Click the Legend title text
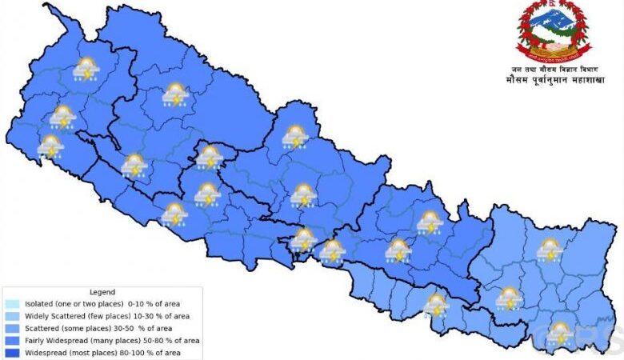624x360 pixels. pyautogui.click(x=102, y=293)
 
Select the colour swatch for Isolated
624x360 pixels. pyautogui.click(x=11, y=305)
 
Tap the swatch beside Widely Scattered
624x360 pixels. pyautogui.click(x=11, y=317)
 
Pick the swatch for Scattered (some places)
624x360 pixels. pyautogui.click(x=11, y=329)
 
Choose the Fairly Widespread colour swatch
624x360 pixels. pyautogui.click(x=11, y=341)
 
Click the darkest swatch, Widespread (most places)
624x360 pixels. pyautogui.click(x=11, y=353)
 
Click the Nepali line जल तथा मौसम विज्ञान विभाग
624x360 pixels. pyautogui.click(x=552, y=70)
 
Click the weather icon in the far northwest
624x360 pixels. pyautogui.click(x=86, y=70)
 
